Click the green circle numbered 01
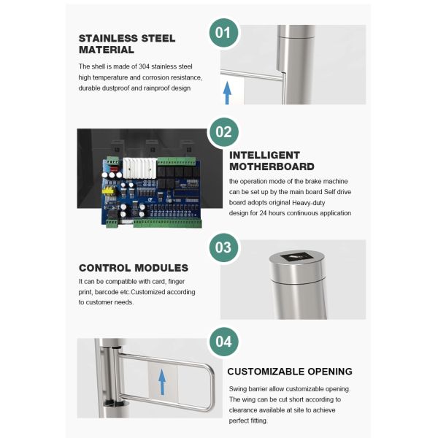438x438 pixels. coord(223,33)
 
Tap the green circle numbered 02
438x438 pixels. coord(224,132)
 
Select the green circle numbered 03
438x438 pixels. coord(223,247)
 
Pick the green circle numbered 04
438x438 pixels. coord(224,342)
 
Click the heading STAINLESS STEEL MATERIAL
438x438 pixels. coord(127,44)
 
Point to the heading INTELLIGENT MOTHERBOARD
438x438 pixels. coord(272,161)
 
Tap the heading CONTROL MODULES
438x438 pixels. coord(134,268)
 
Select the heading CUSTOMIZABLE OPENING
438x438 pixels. coord(290,372)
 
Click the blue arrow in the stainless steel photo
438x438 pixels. coord(227,93)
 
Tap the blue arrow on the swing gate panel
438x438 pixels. coord(162,382)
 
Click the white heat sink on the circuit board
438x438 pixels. coord(140,168)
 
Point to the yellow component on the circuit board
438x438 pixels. coord(108,191)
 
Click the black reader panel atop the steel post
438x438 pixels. coord(297,256)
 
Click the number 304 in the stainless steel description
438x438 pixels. coord(144,66)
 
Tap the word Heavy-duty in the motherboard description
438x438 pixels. coord(308,203)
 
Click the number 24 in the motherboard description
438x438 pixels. coord(263,213)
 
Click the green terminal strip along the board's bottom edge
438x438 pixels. coord(168,223)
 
